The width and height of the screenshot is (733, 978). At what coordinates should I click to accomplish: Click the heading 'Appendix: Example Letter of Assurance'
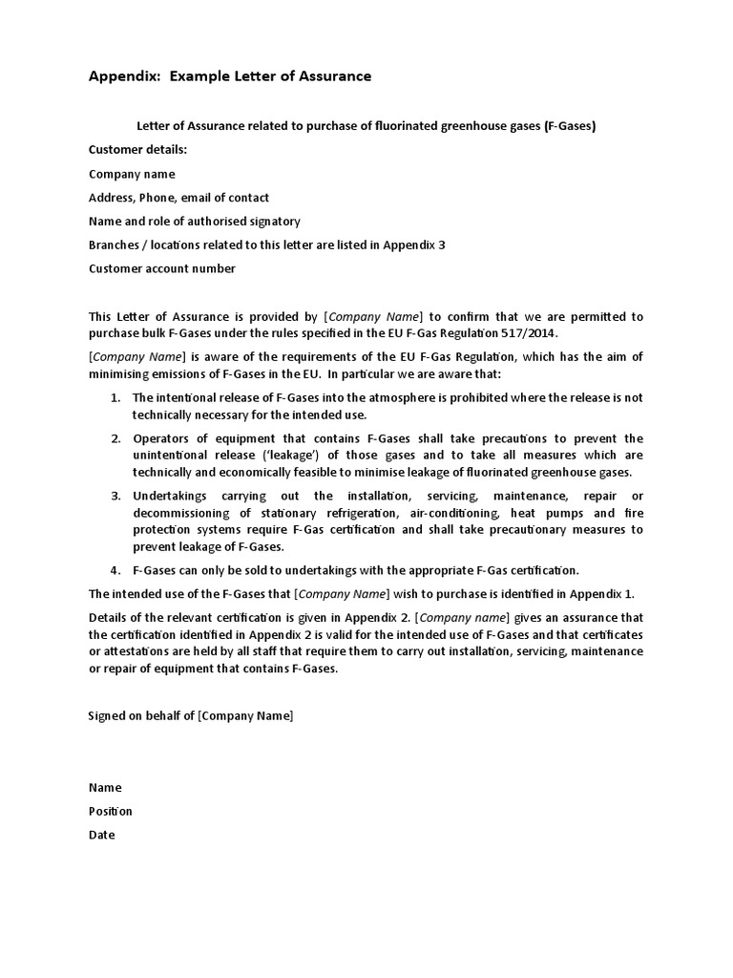(230, 75)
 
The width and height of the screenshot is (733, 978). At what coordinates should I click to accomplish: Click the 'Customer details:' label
(138, 150)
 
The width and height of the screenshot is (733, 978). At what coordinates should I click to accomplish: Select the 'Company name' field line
(132, 174)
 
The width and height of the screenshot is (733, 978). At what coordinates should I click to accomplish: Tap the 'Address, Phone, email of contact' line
(178, 198)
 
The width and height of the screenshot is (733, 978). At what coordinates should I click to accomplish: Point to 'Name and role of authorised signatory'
(194, 221)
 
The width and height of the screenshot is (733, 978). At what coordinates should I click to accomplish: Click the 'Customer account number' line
(161, 268)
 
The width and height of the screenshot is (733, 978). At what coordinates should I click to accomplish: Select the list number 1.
(115, 397)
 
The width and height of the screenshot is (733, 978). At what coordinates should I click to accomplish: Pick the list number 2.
(115, 438)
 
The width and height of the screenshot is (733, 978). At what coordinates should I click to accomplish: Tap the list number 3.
(115, 496)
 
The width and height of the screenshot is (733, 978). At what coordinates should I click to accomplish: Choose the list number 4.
(115, 570)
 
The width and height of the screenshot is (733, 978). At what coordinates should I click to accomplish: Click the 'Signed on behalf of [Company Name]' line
(191, 715)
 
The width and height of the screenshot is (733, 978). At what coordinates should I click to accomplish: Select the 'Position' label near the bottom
(111, 811)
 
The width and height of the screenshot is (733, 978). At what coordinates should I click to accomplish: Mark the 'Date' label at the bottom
(101, 835)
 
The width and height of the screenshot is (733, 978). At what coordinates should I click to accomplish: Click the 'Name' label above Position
(105, 788)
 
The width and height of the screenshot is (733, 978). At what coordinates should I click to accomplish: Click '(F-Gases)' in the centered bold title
(570, 126)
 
